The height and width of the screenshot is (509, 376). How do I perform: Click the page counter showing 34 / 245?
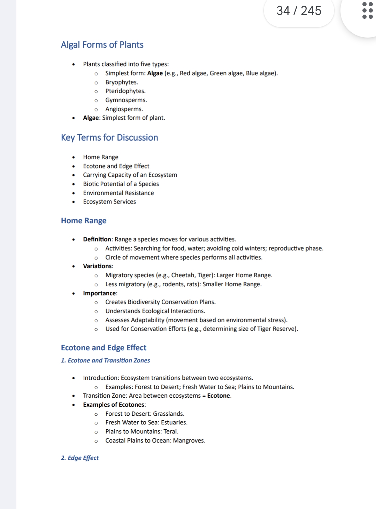pyautogui.click(x=299, y=11)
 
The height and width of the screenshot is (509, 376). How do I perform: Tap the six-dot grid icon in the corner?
pyautogui.click(x=367, y=11)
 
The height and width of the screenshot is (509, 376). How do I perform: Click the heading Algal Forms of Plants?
pyautogui.click(x=102, y=45)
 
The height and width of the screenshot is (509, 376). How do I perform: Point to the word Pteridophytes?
pyautogui.click(x=125, y=91)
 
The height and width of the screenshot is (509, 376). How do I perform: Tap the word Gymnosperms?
pyautogui.click(x=125, y=100)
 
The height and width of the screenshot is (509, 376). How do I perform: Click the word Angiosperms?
pyautogui.click(x=123, y=109)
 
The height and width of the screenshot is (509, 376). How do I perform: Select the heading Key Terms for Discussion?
pyautogui.click(x=109, y=138)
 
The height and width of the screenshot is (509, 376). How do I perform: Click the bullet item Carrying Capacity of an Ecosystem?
pyautogui.click(x=130, y=175)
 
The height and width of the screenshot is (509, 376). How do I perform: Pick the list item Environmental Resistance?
pyautogui.click(x=118, y=193)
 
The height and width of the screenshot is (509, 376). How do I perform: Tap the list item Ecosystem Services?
pyautogui.click(x=109, y=202)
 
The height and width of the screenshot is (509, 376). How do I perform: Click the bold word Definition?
pyautogui.click(x=97, y=239)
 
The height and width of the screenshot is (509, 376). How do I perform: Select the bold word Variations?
pyautogui.click(x=97, y=266)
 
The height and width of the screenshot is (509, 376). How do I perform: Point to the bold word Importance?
pyautogui.click(x=100, y=293)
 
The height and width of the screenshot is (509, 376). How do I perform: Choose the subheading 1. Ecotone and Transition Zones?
pyautogui.click(x=106, y=360)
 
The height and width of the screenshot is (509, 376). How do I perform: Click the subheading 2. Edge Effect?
pyautogui.click(x=80, y=458)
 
